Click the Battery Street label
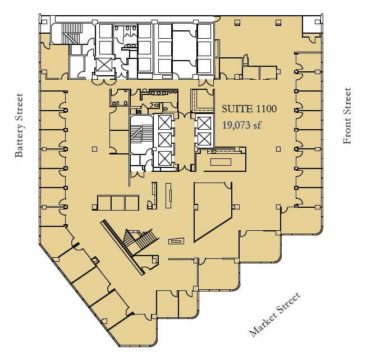pos(20,125)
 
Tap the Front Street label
pos(347,116)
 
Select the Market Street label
pos(275,315)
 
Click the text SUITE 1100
pos(250,110)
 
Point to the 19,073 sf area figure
pos(242,125)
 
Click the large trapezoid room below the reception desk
pos(212,211)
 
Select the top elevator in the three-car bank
pos(163,122)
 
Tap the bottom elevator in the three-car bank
pos(163,158)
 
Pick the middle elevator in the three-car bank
pos(163,139)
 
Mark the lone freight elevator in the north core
pos(104,65)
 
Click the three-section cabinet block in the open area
pos(117,203)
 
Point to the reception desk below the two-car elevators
pos(220,161)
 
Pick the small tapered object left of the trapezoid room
pos(176,241)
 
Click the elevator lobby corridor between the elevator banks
pos(182,140)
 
